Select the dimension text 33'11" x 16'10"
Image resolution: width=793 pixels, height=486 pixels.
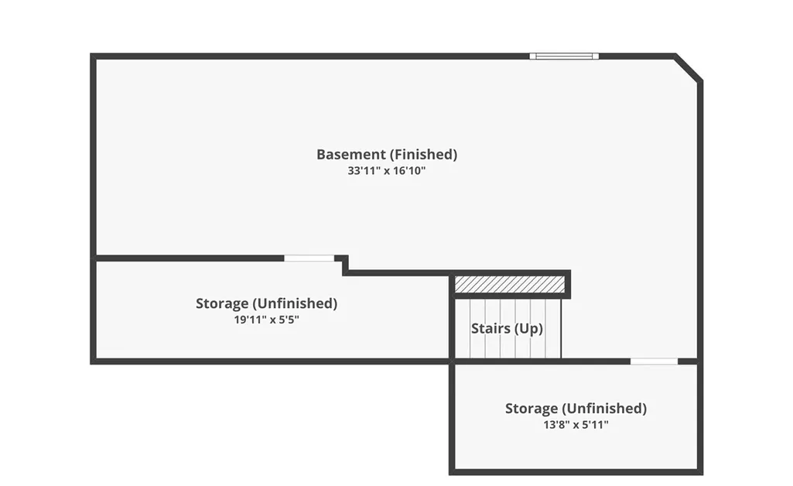click(386, 171)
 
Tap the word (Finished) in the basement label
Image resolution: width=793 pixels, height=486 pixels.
click(422, 154)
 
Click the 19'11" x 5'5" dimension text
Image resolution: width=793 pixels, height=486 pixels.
click(266, 320)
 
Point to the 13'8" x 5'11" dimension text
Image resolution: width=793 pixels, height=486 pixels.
click(576, 425)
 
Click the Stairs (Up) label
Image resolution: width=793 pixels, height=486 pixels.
click(507, 329)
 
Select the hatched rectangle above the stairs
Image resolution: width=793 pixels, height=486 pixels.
click(509, 284)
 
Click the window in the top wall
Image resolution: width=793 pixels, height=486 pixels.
click(564, 56)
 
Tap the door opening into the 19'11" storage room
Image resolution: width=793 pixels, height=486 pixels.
click(309, 258)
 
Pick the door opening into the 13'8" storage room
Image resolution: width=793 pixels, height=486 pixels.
click(654, 361)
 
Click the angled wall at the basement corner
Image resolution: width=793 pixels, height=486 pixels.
click(689, 67)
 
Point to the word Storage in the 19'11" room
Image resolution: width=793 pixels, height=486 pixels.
click(221, 304)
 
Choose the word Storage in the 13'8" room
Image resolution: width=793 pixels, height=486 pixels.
click(531, 409)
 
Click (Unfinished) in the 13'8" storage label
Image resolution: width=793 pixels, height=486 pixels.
click(604, 409)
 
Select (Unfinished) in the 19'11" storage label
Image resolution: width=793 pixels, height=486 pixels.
click(295, 303)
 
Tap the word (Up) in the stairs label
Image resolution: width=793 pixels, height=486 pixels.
click(529, 329)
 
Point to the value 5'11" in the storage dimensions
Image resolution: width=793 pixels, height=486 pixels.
click(595, 425)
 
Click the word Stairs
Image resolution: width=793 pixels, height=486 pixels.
click(490, 329)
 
